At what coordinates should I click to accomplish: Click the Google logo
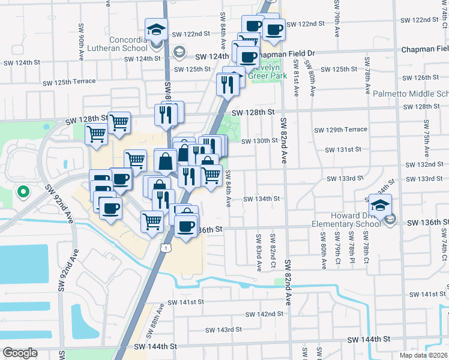(20, 353)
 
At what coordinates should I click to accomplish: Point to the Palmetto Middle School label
(411, 94)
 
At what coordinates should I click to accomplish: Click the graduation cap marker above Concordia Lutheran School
(156, 30)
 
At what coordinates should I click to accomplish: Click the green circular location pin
(23, 192)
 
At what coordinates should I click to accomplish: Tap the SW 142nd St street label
(264, 314)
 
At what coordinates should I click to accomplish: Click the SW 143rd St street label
(223, 329)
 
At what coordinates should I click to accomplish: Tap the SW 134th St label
(261, 199)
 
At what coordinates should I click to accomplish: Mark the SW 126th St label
(421, 77)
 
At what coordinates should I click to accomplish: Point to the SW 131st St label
(343, 149)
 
